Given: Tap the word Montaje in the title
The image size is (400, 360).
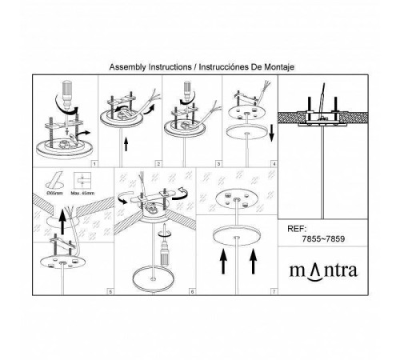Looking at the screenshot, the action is coord(279,67).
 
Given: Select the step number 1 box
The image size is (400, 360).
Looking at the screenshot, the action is coord(94,164).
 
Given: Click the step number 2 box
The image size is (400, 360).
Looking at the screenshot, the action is coord(158,164).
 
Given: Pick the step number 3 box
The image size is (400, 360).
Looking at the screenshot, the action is coord(218,164).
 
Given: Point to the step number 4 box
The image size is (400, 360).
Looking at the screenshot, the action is coord(274,164).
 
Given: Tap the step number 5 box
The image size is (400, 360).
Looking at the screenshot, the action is coord(110,292).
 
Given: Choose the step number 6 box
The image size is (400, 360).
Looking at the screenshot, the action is coord(192,292).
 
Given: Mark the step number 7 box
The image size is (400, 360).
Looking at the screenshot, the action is coord(274,292).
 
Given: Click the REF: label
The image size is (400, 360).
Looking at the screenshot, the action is coord(297,229).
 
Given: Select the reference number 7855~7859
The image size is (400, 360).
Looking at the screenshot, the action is coord(323,238).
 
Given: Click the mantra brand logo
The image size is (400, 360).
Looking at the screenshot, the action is coord(323,271).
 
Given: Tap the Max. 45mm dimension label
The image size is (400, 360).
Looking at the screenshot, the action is coord(82,193).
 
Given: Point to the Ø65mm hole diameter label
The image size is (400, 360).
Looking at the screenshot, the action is coord(54,193).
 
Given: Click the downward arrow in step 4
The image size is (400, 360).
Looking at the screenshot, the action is coord(271,134).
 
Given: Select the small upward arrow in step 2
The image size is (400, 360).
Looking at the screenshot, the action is coord(126,145).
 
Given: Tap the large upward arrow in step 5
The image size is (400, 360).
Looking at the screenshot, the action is coord(62,222).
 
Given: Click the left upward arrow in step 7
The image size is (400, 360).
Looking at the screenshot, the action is coord(223,261).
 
